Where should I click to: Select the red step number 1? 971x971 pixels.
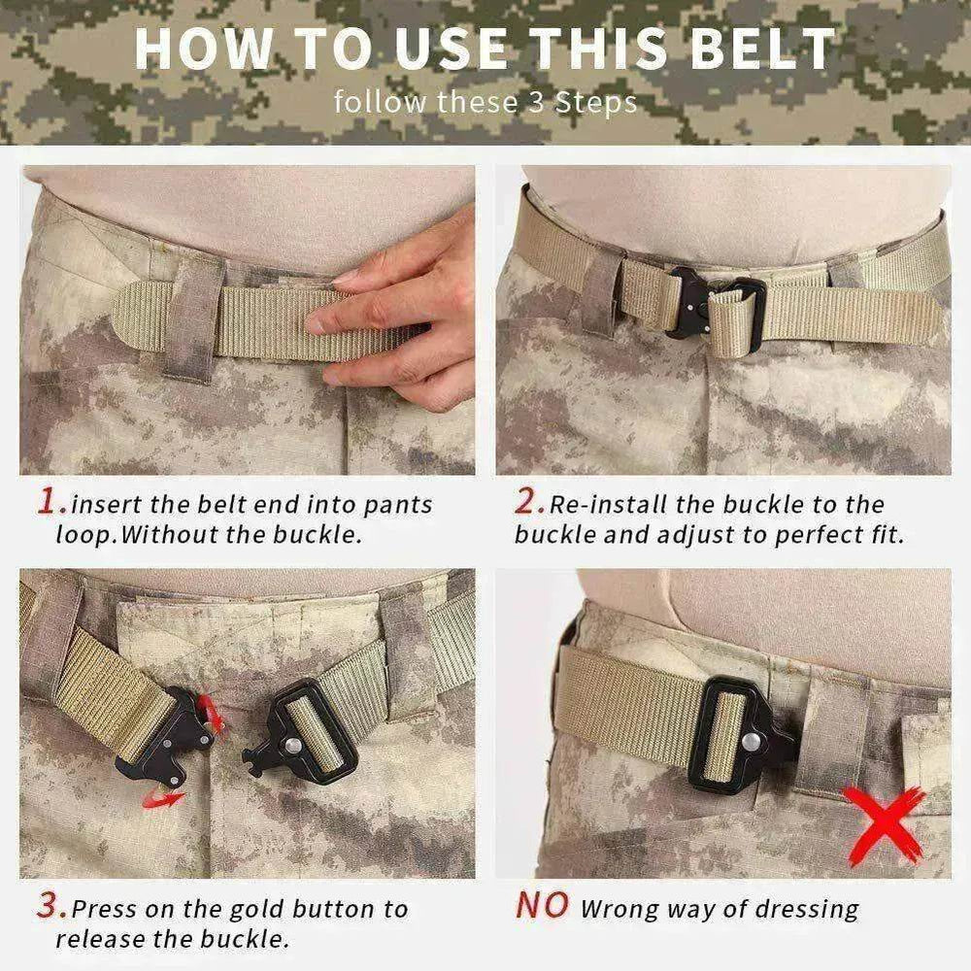[50, 502]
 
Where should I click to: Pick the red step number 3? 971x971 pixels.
[50, 908]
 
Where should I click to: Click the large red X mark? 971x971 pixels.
[882, 823]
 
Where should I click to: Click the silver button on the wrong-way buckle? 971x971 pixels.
[751, 742]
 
